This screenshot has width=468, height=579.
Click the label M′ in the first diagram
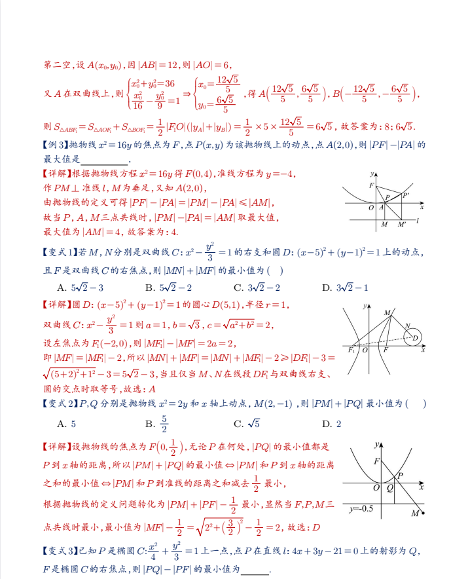pyautogui.click(x=401, y=225)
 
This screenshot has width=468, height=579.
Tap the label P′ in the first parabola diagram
pyautogui.click(x=406, y=195)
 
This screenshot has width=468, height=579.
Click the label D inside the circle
pyautogui.click(x=414, y=338)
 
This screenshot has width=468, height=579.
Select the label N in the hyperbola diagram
pyautogui.click(x=407, y=326)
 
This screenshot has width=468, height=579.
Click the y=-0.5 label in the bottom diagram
pyautogui.click(x=361, y=509)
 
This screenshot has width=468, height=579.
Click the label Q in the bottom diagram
pyautogui.click(x=390, y=488)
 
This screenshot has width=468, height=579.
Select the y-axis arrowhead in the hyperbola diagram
pyautogui.click(x=365, y=305)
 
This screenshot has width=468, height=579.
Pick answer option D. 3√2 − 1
pyautogui.click(x=345, y=288)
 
